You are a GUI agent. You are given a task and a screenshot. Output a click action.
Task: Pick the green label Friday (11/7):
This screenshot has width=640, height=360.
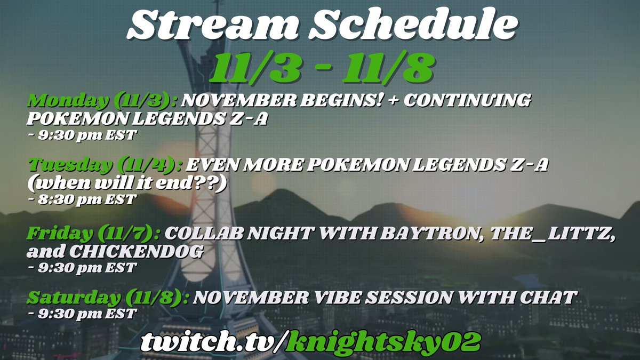[x=94, y=234]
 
